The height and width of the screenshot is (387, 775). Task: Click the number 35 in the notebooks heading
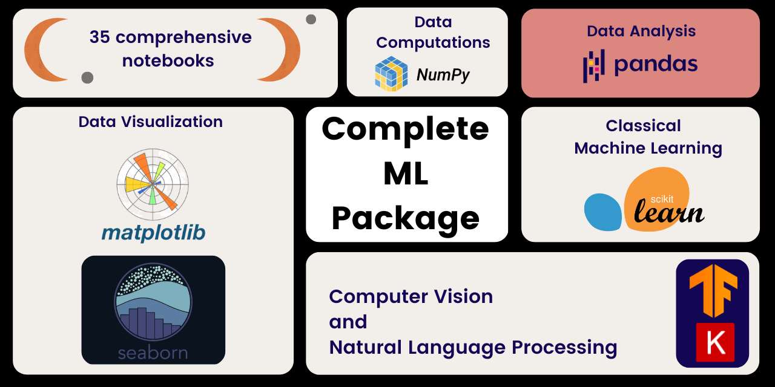(x=100, y=37)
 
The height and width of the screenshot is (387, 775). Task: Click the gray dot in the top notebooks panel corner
(x=311, y=19)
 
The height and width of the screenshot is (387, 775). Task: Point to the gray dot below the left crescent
(x=87, y=77)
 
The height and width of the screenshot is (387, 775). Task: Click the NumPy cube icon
(x=391, y=74)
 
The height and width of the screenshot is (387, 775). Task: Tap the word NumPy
(x=443, y=75)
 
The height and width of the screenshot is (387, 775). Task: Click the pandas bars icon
(x=593, y=65)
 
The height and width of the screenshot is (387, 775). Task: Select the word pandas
(x=656, y=64)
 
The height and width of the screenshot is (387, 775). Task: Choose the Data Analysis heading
(x=641, y=31)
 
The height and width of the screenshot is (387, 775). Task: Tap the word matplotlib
(x=153, y=232)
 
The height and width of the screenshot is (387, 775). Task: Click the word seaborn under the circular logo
(x=153, y=352)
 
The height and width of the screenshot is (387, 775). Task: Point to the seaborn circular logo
(x=153, y=302)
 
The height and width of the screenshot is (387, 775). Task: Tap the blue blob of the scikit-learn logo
(x=602, y=212)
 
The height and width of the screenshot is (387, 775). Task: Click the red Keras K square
(x=715, y=342)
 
